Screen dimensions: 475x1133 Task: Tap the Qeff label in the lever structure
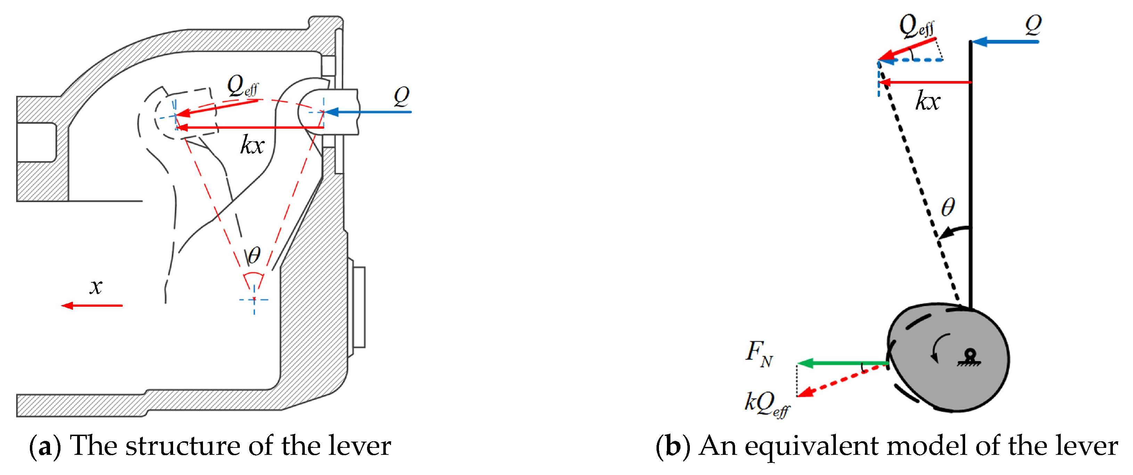pyautogui.click(x=242, y=86)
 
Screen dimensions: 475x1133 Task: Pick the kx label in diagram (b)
pyautogui.click(x=928, y=102)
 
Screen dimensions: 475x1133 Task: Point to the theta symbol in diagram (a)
pyautogui.click(x=254, y=255)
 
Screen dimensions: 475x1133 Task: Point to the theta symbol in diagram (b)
pyautogui.click(x=947, y=207)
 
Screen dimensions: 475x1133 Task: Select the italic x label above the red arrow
pyautogui.click(x=96, y=287)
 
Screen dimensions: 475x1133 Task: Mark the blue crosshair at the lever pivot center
pyautogui.click(x=254, y=300)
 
